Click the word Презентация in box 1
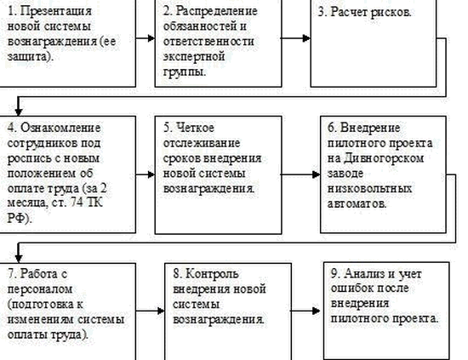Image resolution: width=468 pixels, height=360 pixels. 56,11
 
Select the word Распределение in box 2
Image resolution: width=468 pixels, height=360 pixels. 216,11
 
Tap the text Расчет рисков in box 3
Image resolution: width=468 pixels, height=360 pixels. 370,12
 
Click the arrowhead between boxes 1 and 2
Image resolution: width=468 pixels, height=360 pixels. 151,38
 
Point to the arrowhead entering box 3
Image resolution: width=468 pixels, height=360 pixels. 306,38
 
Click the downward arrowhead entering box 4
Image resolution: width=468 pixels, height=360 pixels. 19,111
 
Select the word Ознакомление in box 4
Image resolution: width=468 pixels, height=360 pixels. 60,128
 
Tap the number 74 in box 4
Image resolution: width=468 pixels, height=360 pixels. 76,203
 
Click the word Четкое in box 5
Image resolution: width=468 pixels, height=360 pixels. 195,128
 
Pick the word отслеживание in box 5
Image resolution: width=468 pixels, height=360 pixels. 202,143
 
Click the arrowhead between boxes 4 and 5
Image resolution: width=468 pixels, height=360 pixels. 151,174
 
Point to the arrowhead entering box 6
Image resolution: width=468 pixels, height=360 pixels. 317,174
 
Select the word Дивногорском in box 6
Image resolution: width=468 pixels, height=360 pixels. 384,158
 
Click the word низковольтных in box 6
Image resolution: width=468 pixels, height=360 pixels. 369,189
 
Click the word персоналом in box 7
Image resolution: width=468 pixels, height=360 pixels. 40,289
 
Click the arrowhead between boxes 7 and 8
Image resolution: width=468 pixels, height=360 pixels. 161,311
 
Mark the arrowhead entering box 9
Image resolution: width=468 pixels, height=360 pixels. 316,311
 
